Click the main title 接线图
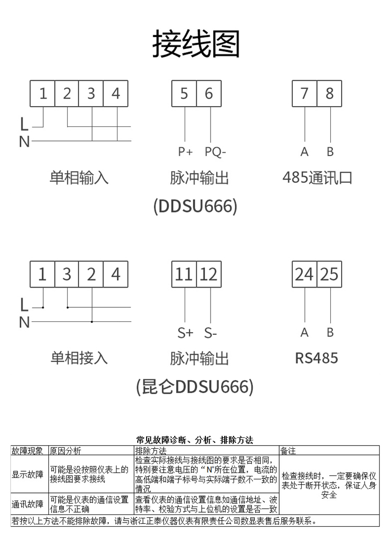[196, 44]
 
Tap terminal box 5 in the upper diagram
[184, 94]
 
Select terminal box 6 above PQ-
[209, 94]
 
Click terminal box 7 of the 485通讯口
[305, 94]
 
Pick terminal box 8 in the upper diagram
[330, 94]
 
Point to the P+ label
[185, 152]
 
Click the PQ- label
[215, 152]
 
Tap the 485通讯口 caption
[317, 178]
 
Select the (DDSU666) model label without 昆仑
[196, 206]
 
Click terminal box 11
[184, 274]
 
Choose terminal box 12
[209, 274]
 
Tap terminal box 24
[305, 274]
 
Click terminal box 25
[330, 274]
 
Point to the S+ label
[185, 333]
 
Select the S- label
[211, 333]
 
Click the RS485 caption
[316, 358]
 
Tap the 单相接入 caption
[79, 358]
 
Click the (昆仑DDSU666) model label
[194, 387]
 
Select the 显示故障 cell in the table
[28, 474]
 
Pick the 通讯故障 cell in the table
[28, 504]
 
